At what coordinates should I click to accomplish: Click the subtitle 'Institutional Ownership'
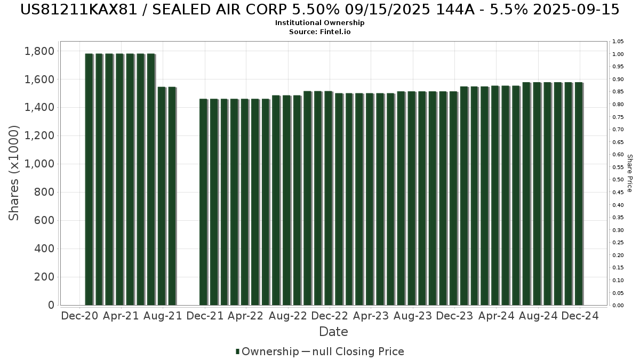pos(320,23)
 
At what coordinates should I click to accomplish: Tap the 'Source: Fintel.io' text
pos(320,32)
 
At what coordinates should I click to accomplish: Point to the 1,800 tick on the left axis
pos(39,51)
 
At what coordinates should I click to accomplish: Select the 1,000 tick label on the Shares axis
pos(39,164)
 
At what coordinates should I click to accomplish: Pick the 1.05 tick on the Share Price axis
pos(618,42)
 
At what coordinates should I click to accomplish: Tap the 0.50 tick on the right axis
pos(618,180)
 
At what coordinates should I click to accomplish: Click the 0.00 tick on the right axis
pos(618,306)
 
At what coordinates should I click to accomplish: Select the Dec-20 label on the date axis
pos(79,316)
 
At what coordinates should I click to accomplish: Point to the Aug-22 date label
pos(288,316)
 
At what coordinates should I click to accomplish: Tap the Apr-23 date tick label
pos(371,316)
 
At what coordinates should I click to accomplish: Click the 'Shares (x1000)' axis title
pos(14,172)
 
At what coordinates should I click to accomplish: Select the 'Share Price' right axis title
pos(630,173)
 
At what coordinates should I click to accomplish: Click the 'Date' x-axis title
pos(333,332)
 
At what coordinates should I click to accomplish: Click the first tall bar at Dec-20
pos(89,179)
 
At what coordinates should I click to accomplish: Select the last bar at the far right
pos(579,194)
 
